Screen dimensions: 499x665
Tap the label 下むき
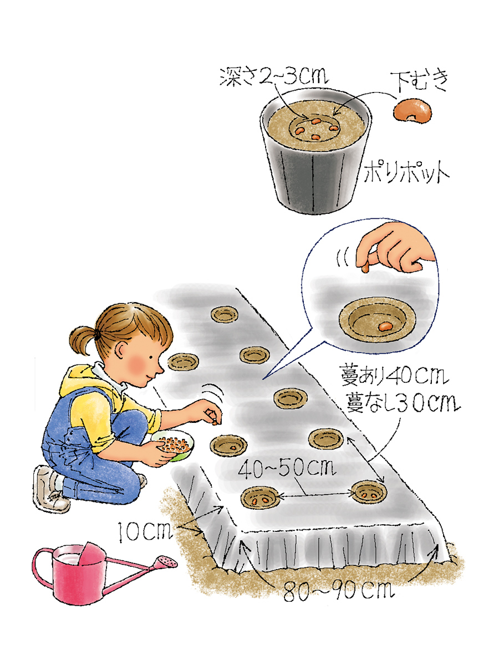point(418,81)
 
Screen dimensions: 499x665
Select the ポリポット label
point(406,173)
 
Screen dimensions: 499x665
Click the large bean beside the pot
point(413,111)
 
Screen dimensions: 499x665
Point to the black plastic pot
point(315,151)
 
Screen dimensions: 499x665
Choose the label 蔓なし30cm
point(403,402)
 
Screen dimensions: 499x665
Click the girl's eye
point(151,357)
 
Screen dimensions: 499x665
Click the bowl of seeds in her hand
point(173,446)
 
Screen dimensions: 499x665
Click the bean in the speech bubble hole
point(384,326)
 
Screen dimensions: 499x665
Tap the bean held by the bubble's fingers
point(365,268)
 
